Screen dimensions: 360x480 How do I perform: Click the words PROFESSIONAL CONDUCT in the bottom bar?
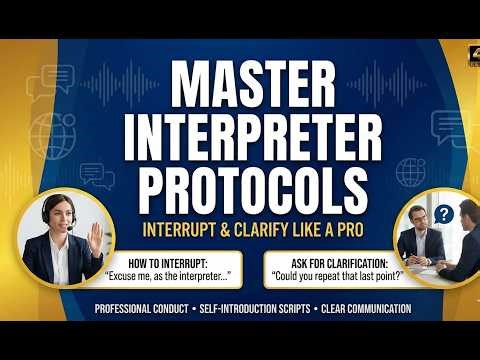141,309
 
